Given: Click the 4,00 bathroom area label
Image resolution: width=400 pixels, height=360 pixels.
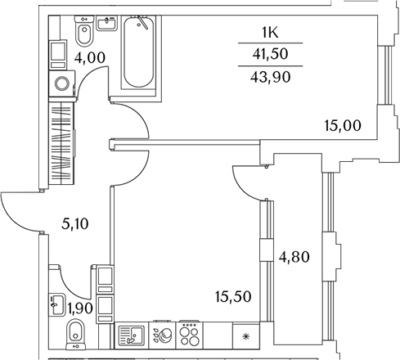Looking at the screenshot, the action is point(90,58).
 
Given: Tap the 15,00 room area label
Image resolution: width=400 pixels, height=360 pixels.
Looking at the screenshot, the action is point(343,126).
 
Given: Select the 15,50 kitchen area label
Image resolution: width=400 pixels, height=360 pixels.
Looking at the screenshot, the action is point(233,297).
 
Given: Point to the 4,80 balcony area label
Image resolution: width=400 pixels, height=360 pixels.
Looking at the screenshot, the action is point(294,257).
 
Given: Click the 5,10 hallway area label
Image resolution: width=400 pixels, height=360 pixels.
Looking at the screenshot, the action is point(75,224).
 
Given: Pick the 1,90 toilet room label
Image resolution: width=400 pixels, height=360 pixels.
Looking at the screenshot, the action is point(80,308).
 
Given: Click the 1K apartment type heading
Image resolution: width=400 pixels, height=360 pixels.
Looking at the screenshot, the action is point(270,33).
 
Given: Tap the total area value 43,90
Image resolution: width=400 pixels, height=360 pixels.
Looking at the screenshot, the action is point(270,77).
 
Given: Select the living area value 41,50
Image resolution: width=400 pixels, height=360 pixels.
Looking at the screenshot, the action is point(270,54).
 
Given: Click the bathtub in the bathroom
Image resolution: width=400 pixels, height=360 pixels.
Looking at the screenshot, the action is point(138,52).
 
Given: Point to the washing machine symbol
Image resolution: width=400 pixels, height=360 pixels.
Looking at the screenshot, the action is point(62,83).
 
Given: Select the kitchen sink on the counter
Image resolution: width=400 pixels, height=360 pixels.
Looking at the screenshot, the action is point(132,336).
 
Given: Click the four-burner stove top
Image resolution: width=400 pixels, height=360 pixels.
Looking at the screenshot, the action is point(190,335).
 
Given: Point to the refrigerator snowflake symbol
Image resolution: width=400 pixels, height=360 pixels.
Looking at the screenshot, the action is point(246,336).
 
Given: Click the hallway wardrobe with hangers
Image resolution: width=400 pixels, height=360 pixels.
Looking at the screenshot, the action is point(61,143).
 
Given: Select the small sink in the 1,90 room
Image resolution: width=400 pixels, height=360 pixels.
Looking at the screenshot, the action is point(57,304).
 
